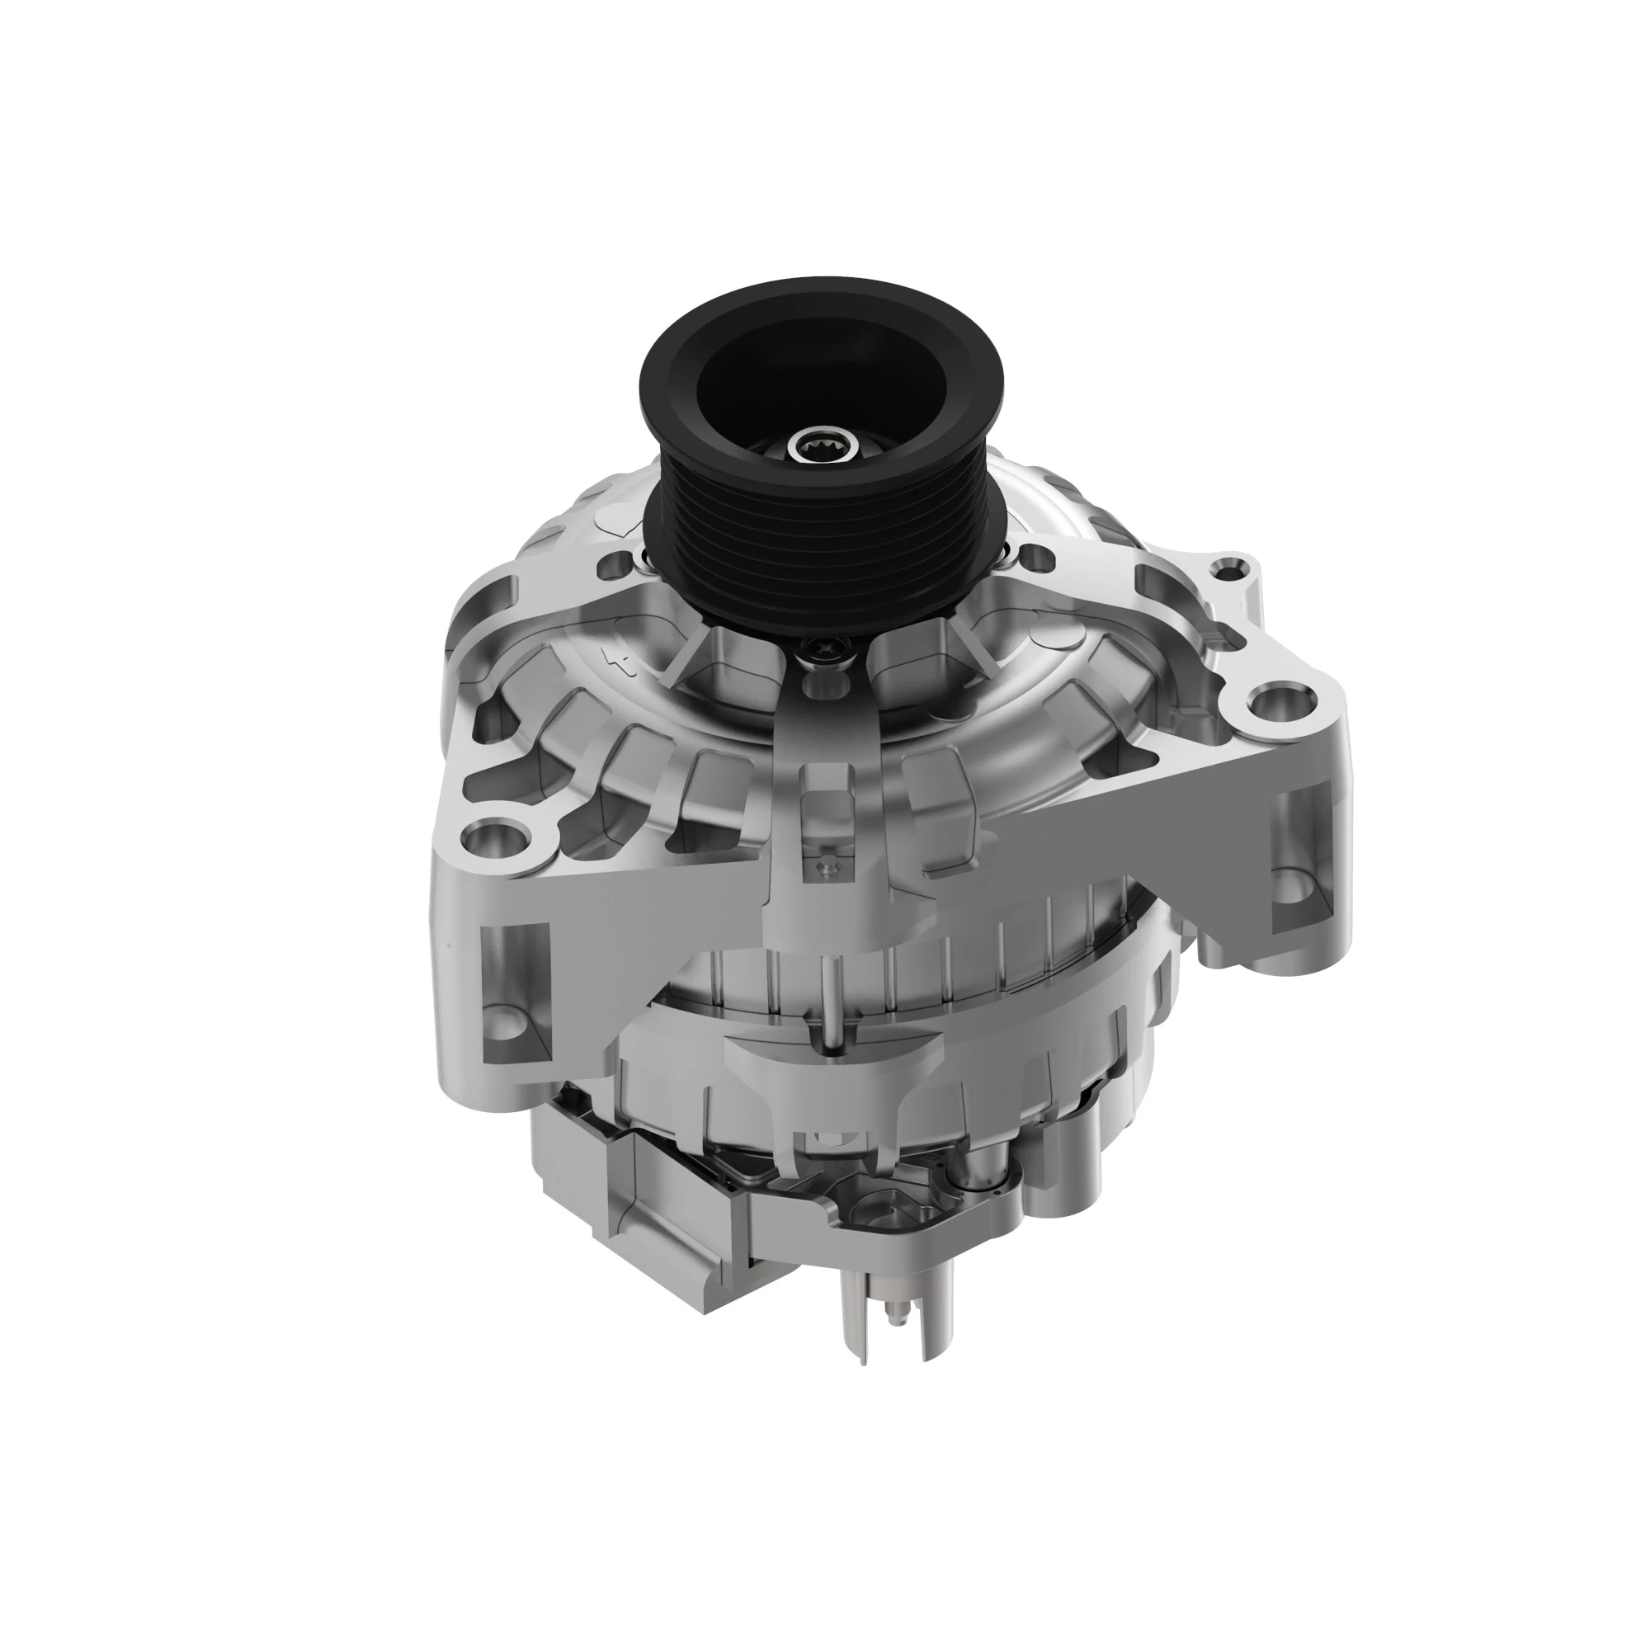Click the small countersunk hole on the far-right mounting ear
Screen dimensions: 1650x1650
(1230, 566)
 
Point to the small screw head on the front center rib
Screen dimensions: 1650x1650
(825, 868)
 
